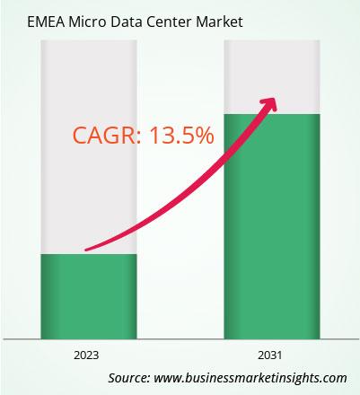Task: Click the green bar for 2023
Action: (89, 296)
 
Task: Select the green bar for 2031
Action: (272, 226)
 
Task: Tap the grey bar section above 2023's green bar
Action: (89, 147)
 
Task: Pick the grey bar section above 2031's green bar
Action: (272, 77)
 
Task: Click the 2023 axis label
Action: (86, 355)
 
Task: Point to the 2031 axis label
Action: (270, 355)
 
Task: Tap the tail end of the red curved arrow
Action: (86, 250)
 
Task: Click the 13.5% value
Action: (181, 136)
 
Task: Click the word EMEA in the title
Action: (46, 22)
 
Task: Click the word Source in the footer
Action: (129, 378)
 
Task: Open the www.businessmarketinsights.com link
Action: (250, 379)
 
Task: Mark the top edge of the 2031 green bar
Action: (272, 114)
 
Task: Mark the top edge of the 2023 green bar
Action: (89, 254)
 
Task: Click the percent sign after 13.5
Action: (205, 136)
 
